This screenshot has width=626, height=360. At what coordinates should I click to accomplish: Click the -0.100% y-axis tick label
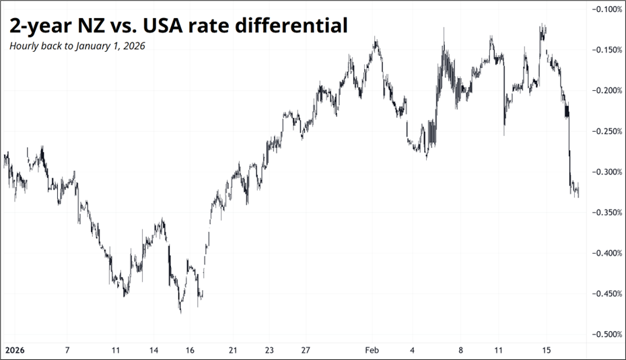tap(606, 9)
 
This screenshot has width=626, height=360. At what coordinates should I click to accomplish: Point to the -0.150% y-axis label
tap(606, 50)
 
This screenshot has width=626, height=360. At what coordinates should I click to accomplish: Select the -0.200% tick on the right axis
tap(606, 91)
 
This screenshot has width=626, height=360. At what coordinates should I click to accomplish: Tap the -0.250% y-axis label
tap(606, 131)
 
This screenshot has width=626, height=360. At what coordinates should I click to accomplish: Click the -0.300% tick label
tap(606, 172)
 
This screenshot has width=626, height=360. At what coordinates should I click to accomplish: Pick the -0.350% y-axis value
tap(606, 213)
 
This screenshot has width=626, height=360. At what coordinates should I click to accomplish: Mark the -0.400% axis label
tap(606, 253)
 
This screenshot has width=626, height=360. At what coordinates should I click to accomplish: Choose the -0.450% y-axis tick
tap(606, 293)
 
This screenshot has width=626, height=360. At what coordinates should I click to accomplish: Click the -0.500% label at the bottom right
tap(606, 334)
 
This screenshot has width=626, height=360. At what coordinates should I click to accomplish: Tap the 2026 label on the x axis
tap(14, 351)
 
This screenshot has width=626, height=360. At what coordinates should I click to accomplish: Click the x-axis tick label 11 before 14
tap(116, 351)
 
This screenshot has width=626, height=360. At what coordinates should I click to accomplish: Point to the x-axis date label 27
tap(305, 351)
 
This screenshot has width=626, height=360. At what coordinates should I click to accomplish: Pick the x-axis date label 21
tap(232, 351)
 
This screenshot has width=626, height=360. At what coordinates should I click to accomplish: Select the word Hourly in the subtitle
tap(23, 46)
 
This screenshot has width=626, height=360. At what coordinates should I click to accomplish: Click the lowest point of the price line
tap(180, 312)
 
